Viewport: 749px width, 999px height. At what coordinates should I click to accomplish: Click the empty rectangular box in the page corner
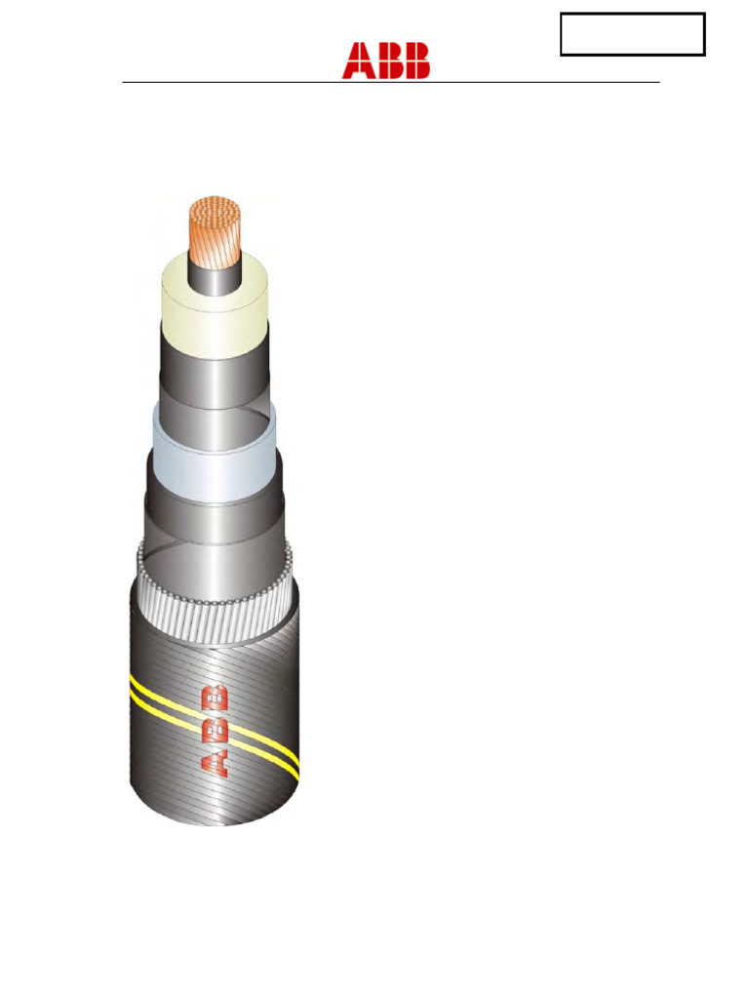tap(632, 34)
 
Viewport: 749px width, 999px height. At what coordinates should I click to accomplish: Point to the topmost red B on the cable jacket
tap(217, 699)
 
